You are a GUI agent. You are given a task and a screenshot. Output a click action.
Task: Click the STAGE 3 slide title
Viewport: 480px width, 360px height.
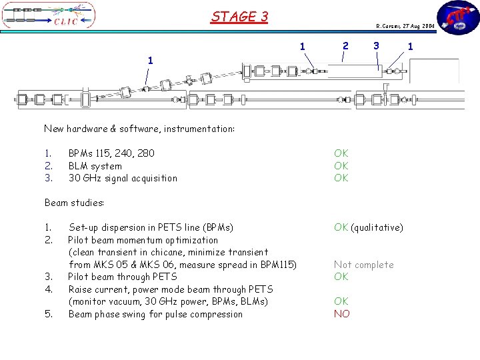pyautogui.click(x=239, y=16)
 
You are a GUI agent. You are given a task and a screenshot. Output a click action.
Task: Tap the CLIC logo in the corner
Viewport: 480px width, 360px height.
pyautogui.click(x=49, y=16)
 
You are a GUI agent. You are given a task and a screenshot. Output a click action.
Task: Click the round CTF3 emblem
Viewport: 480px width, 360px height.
pyautogui.click(x=457, y=17)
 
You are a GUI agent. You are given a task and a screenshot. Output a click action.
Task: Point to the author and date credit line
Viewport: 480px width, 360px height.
pyautogui.click(x=405, y=26)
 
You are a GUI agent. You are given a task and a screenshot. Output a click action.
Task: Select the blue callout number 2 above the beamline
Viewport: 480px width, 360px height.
pyautogui.click(x=345, y=45)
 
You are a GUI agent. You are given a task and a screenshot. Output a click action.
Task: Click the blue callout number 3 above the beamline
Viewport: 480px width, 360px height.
pyautogui.click(x=377, y=45)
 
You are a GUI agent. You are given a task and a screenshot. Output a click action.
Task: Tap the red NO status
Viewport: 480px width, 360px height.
pyautogui.click(x=341, y=314)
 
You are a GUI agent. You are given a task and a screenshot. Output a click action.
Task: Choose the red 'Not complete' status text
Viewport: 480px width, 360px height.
pyautogui.click(x=363, y=265)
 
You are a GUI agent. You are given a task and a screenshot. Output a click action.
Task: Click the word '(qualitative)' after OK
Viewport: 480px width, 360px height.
pyautogui.click(x=377, y=227)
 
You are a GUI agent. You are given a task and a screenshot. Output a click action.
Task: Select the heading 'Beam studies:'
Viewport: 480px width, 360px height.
pyautogui.click(x=75, y=203)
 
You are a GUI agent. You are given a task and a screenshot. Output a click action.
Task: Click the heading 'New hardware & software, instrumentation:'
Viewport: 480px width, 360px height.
pyautogui.click(x=139, y=129)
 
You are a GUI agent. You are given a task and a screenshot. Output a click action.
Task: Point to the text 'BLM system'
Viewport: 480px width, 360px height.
pyautogui.click(x=95, y=166)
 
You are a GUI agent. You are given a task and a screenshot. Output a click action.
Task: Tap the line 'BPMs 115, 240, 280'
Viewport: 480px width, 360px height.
pyautogui.click(x=111, y=153)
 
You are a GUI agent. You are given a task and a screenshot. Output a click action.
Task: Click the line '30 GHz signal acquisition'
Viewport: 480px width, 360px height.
pyautogui.click(x=123, y=178)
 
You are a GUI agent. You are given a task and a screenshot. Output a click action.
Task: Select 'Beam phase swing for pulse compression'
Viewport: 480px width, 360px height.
pyautogui.click(x=155, y=314)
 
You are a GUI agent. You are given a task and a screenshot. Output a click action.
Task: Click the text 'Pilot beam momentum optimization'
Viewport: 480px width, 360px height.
pyautogui.click(x=143, y=240)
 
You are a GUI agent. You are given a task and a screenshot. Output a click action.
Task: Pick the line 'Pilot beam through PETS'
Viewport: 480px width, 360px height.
pyautogui.click(x=123, y=277)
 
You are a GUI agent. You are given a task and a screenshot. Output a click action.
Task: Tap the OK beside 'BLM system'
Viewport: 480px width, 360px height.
pyautogui.click(x=341, y=166)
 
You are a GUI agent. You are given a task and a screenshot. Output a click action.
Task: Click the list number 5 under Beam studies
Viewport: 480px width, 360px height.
pyautogui.click(x=48, y=314)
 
